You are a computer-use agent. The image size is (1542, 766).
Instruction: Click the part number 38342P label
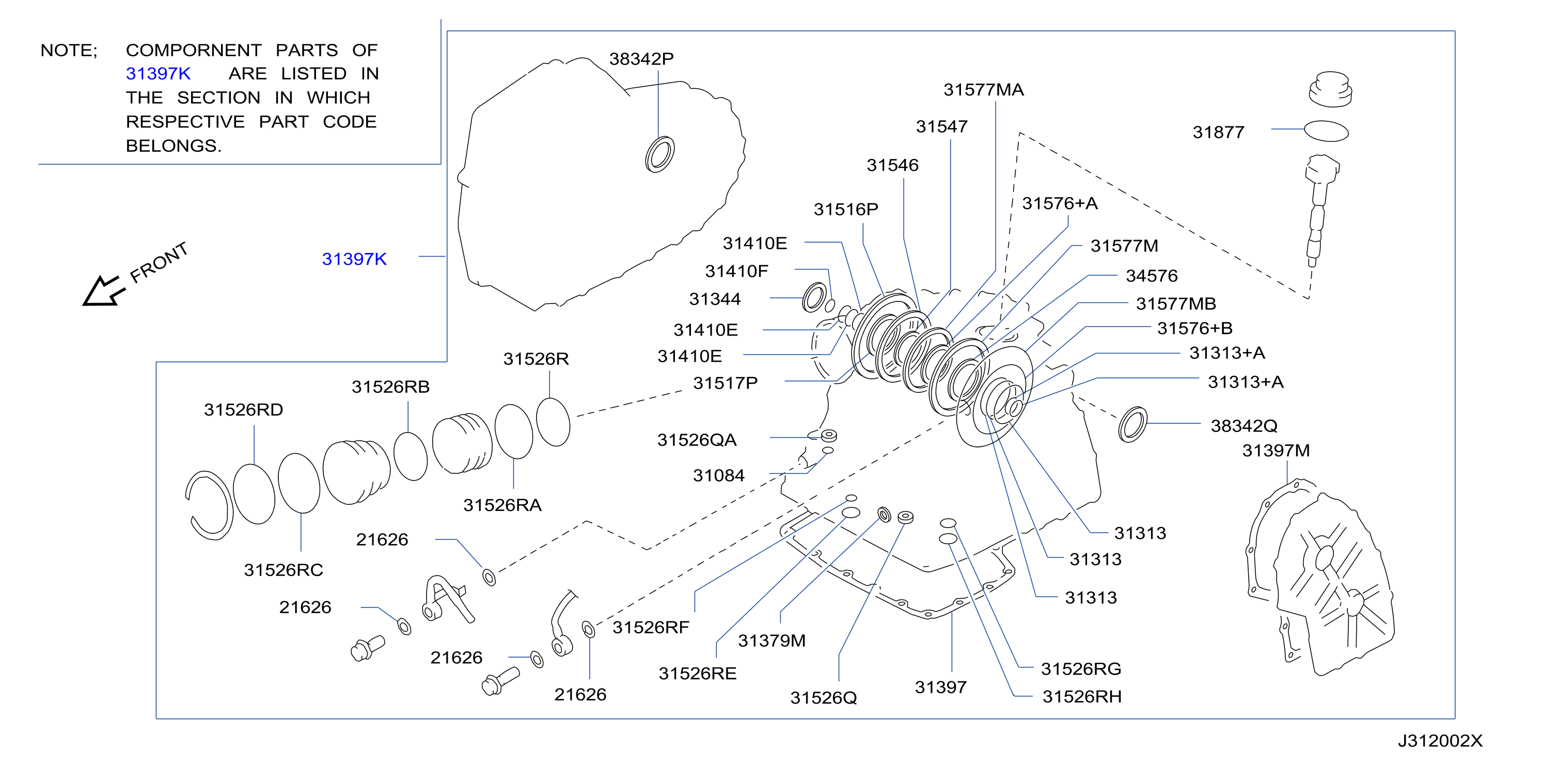click(641, 59)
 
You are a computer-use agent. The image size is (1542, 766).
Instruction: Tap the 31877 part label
click(1218, 132)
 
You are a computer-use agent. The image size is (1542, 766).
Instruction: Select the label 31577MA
click(984, 90)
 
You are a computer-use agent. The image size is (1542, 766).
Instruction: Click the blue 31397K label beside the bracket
click(354, 259)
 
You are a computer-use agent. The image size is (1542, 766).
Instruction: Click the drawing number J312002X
click(1440, 741)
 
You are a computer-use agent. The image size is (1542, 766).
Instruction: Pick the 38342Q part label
click(1244, 426)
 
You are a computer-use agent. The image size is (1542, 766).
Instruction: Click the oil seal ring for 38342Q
click(1132, 424)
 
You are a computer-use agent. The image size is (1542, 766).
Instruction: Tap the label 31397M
click(1276, 451)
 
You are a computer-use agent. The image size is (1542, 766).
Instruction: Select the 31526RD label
click(243, 410)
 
